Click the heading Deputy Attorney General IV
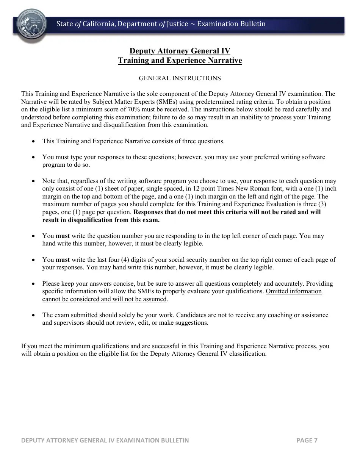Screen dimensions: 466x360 (180, 51)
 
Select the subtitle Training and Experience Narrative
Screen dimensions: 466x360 (180, 60)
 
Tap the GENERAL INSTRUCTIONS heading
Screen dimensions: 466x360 (180, 78)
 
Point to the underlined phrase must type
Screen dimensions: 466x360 (69, 157)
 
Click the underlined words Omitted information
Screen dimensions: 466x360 (294, 291)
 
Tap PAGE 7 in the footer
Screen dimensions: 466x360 (307, 440)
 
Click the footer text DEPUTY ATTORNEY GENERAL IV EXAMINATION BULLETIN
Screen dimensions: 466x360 (105, 440)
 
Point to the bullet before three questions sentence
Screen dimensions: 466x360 (34, 141)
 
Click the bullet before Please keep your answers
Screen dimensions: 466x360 (34, 284)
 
